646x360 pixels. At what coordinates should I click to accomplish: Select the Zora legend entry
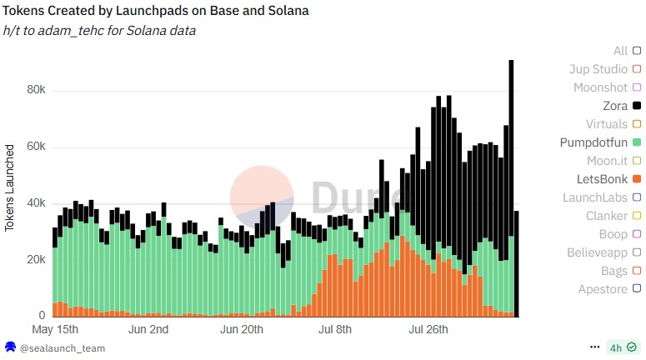point(615,106)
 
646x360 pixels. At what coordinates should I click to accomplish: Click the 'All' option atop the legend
point(621,51)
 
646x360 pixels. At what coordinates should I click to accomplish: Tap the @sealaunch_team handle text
point(63,347)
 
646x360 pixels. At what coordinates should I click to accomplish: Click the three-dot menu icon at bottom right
point(595,347)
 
